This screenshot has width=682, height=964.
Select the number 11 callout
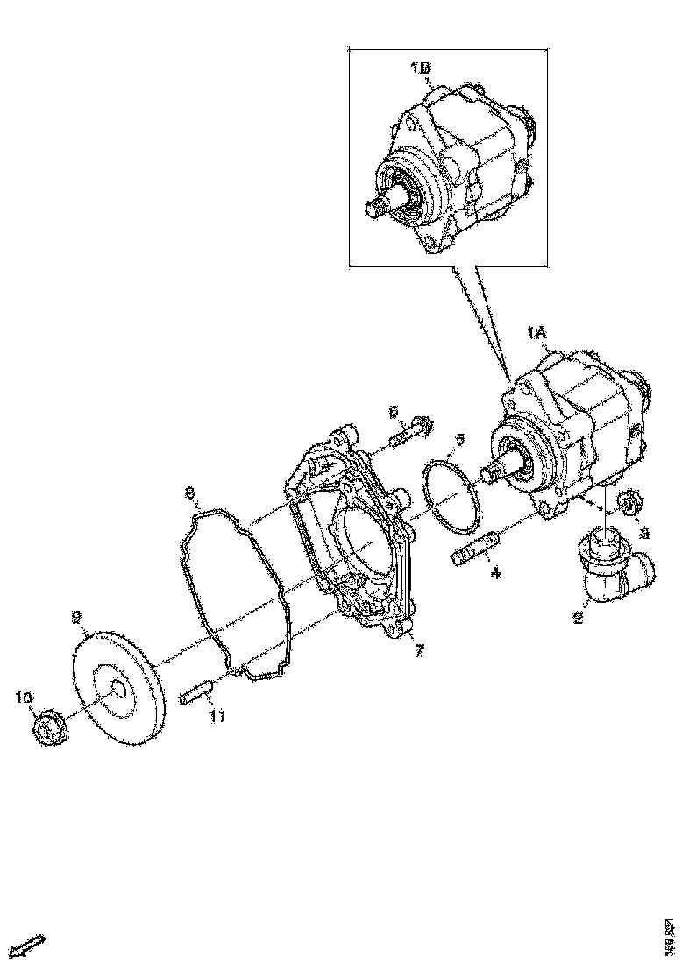tap(217, 717)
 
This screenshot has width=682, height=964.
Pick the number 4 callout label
tap(495, 575)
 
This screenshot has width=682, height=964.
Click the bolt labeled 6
tap(410, 432)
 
